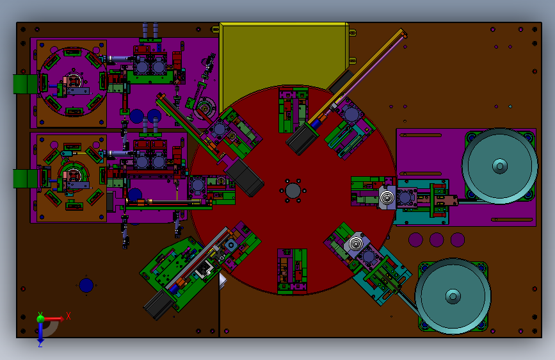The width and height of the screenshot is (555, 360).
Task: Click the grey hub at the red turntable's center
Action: click(x=293, y=191)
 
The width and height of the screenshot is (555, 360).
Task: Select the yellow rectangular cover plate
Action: click(x=283, y=60)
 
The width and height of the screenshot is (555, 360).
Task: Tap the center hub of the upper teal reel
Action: click(x=500, y=166)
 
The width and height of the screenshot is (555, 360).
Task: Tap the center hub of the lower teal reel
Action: click(x=453, y=296)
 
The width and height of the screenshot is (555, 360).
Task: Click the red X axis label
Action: click(x=68, y=316)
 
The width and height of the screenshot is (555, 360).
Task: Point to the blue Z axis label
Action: click(x=40, y=343)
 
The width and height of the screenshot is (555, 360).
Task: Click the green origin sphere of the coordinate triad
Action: click(x=40, y=318)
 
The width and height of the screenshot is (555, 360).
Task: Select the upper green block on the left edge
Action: click(x=25, y=84)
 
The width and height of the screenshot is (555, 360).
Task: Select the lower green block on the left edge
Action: click(x=25, y=179)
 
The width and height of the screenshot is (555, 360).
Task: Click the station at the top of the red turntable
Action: click(x=293, y=110)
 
